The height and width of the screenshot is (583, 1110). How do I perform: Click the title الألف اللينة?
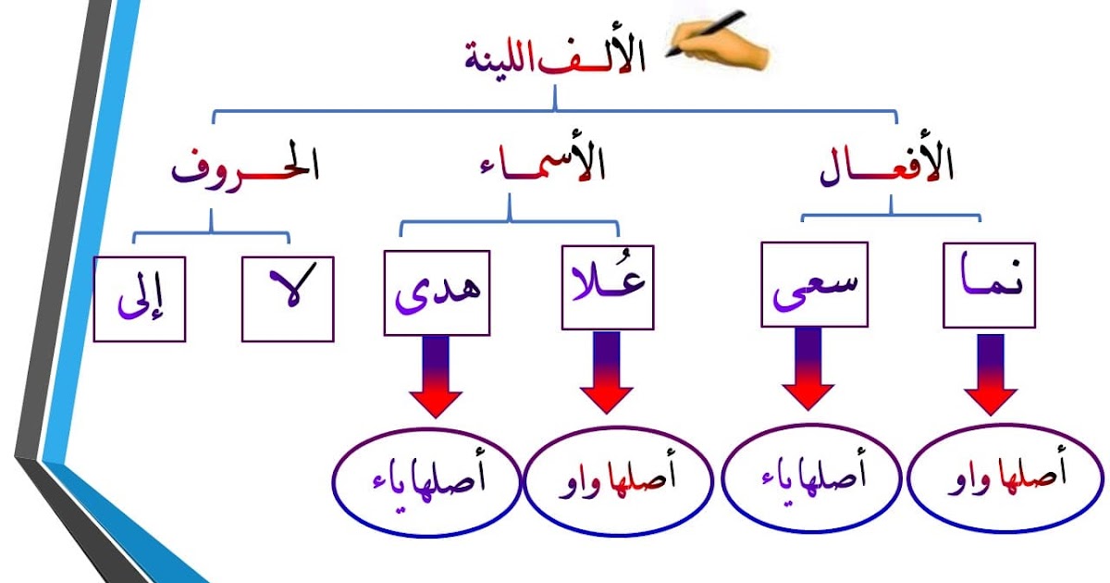pos(555,57)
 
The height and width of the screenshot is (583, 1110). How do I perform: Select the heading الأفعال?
pos(887,167)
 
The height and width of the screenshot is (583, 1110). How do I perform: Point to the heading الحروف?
pos(244,168)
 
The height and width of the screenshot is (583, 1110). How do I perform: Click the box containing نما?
pos(989,285)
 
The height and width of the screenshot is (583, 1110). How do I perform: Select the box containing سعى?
pos(815,285)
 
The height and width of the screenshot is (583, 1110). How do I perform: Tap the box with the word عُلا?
pos(608,288)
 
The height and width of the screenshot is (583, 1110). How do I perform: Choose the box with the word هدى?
pos(437,290)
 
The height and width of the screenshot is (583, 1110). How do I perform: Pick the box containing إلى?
pos(140,298)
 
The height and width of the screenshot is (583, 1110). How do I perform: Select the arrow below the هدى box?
pos(437,374)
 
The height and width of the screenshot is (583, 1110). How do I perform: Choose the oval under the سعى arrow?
pos(810,479)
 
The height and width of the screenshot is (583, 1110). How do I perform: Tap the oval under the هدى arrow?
pos(425,481)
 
